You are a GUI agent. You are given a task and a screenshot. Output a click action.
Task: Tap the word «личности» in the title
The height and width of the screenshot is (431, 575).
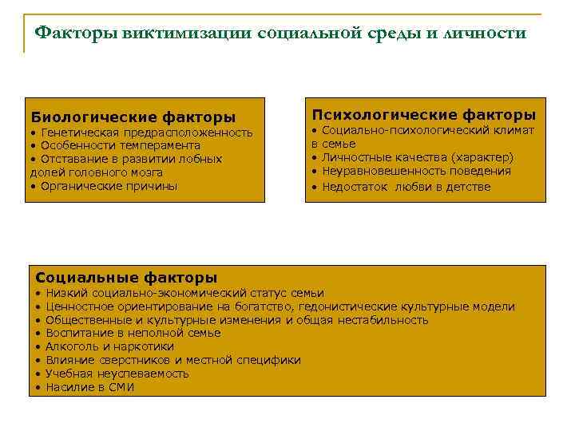(488, 33)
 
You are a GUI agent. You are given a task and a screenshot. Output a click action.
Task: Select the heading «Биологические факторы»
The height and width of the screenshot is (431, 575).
(133, 117)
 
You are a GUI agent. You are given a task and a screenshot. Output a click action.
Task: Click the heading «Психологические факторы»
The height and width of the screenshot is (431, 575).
(423, 115)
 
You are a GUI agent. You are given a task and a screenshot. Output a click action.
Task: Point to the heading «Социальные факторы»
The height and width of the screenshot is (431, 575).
(126, 278)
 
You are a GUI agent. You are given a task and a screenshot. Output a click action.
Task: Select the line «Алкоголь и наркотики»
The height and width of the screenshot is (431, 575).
(109, 346)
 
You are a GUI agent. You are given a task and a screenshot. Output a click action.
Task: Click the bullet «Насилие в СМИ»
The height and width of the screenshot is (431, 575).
(89, 387)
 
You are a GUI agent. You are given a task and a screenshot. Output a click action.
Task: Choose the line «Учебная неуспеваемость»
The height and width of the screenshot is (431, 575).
(117, 374)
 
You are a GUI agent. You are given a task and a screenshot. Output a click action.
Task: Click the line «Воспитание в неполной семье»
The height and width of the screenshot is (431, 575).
(133, 333)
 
